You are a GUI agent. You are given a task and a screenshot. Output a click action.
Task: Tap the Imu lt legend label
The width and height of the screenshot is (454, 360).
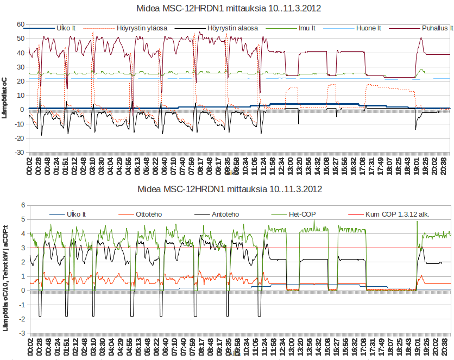[310, 28]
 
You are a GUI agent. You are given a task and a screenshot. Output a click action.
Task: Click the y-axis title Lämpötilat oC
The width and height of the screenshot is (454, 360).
[6, 89]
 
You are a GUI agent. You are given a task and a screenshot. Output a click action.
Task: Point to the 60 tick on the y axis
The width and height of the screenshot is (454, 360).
[21, 24]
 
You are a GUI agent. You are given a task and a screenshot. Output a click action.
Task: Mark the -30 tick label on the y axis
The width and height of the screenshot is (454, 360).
[20, 153]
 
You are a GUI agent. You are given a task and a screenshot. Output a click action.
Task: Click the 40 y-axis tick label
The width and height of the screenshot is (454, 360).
[21, 53]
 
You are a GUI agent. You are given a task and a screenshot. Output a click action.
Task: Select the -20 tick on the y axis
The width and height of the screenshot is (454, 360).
[20, 138]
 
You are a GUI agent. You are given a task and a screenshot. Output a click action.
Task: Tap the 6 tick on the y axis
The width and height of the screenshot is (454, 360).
[23, 205]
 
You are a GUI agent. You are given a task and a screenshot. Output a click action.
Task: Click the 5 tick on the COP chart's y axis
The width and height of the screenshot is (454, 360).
[23, 219]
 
